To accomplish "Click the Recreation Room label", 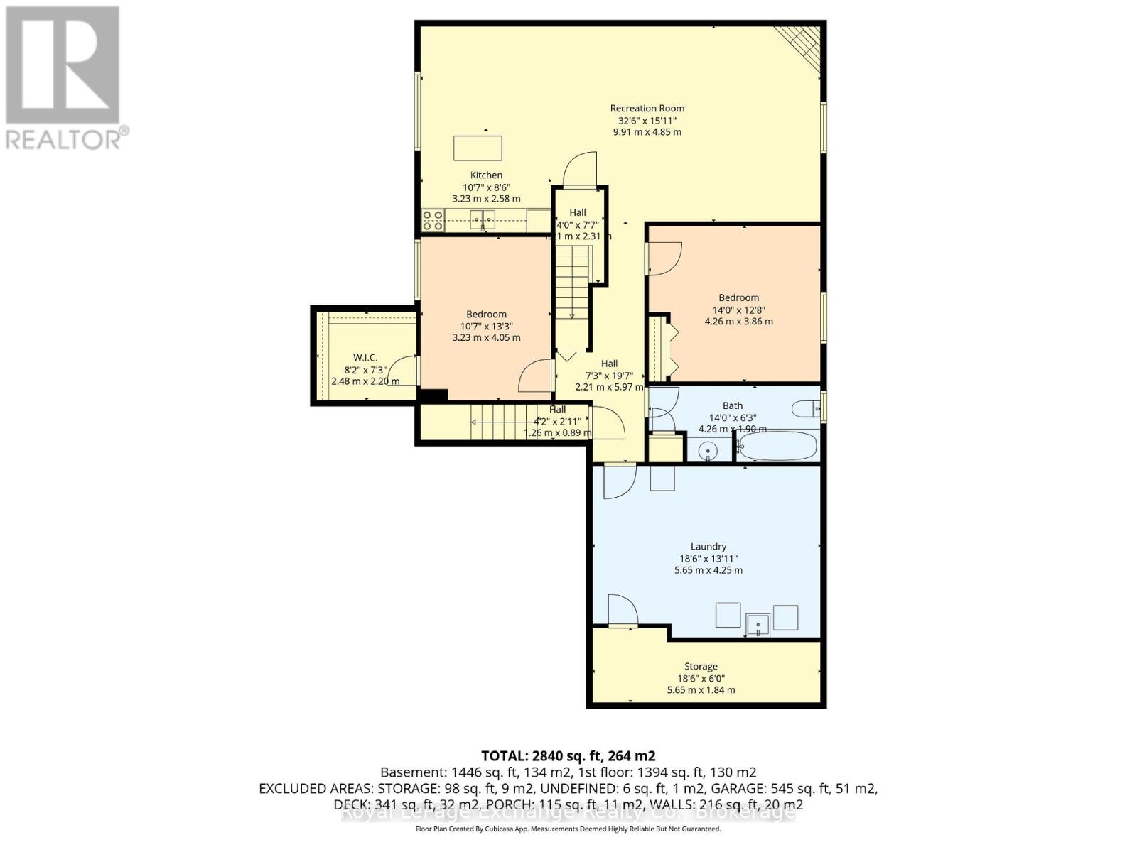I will coord(647,109).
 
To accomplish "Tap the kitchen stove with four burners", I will coord(433,220).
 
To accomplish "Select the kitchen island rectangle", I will coord(478,148).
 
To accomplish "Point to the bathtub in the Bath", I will coord(777,447).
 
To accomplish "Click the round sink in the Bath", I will coord(708,450).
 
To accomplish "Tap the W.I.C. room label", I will coord(365,358).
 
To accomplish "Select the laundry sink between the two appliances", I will coord(758,626).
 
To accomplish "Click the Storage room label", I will coord(701,667).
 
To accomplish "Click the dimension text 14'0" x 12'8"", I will coord(738,310).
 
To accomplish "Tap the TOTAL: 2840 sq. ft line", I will coord(568,755).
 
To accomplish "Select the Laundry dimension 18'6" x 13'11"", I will coord(708,558).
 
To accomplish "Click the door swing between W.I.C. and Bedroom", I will coord(406,369).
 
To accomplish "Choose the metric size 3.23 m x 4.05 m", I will coord(486,338).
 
